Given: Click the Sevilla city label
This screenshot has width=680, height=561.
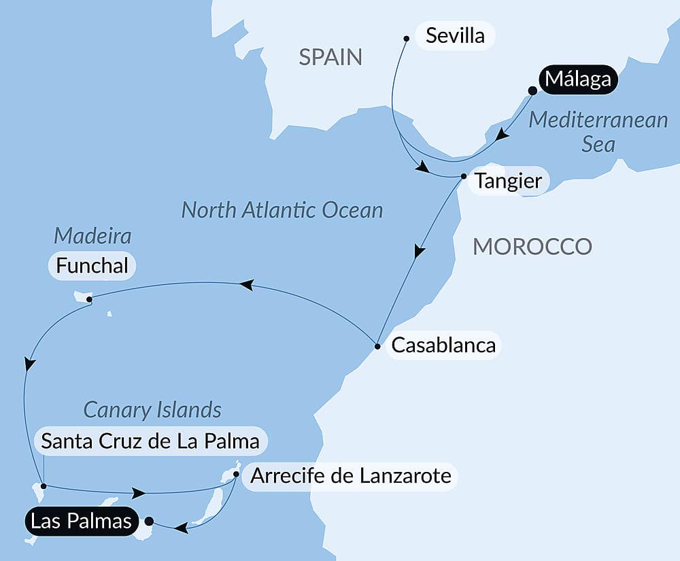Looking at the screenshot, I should (x=455, y=35).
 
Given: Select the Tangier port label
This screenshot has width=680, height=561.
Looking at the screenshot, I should (x=508, y=181).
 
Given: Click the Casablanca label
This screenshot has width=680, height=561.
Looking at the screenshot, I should (x=442, y=345).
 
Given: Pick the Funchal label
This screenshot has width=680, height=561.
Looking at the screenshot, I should (x=92, y=266).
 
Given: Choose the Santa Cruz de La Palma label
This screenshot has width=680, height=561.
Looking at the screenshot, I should (x=150, y=441).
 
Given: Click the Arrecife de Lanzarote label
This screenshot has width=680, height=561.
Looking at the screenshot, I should (x=350, y=475).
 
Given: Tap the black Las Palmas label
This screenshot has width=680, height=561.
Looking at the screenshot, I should (x=80, y=522).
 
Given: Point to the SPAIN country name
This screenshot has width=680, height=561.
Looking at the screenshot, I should (x=330, y=57).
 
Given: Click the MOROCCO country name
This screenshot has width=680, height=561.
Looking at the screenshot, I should (x=532, y=246).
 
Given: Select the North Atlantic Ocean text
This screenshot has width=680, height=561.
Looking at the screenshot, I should (x=282, y=210).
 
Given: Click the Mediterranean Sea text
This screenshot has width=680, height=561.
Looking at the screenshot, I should (x=598, y=132).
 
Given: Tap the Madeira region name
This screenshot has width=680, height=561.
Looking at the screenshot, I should (x=92, y=237).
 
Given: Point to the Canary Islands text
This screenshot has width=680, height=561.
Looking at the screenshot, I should (x=152, y=410).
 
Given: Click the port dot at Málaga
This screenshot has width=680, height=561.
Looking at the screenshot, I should (x=532, y=90).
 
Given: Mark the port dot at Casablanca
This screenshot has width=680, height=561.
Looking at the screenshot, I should (x=377, y=346).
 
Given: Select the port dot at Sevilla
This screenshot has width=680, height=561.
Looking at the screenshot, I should (x=407, y=38).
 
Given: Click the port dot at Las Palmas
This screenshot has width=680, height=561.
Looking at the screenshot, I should (x=149, y=522).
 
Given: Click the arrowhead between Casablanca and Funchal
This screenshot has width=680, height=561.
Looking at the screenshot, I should (x=247, y=285).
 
